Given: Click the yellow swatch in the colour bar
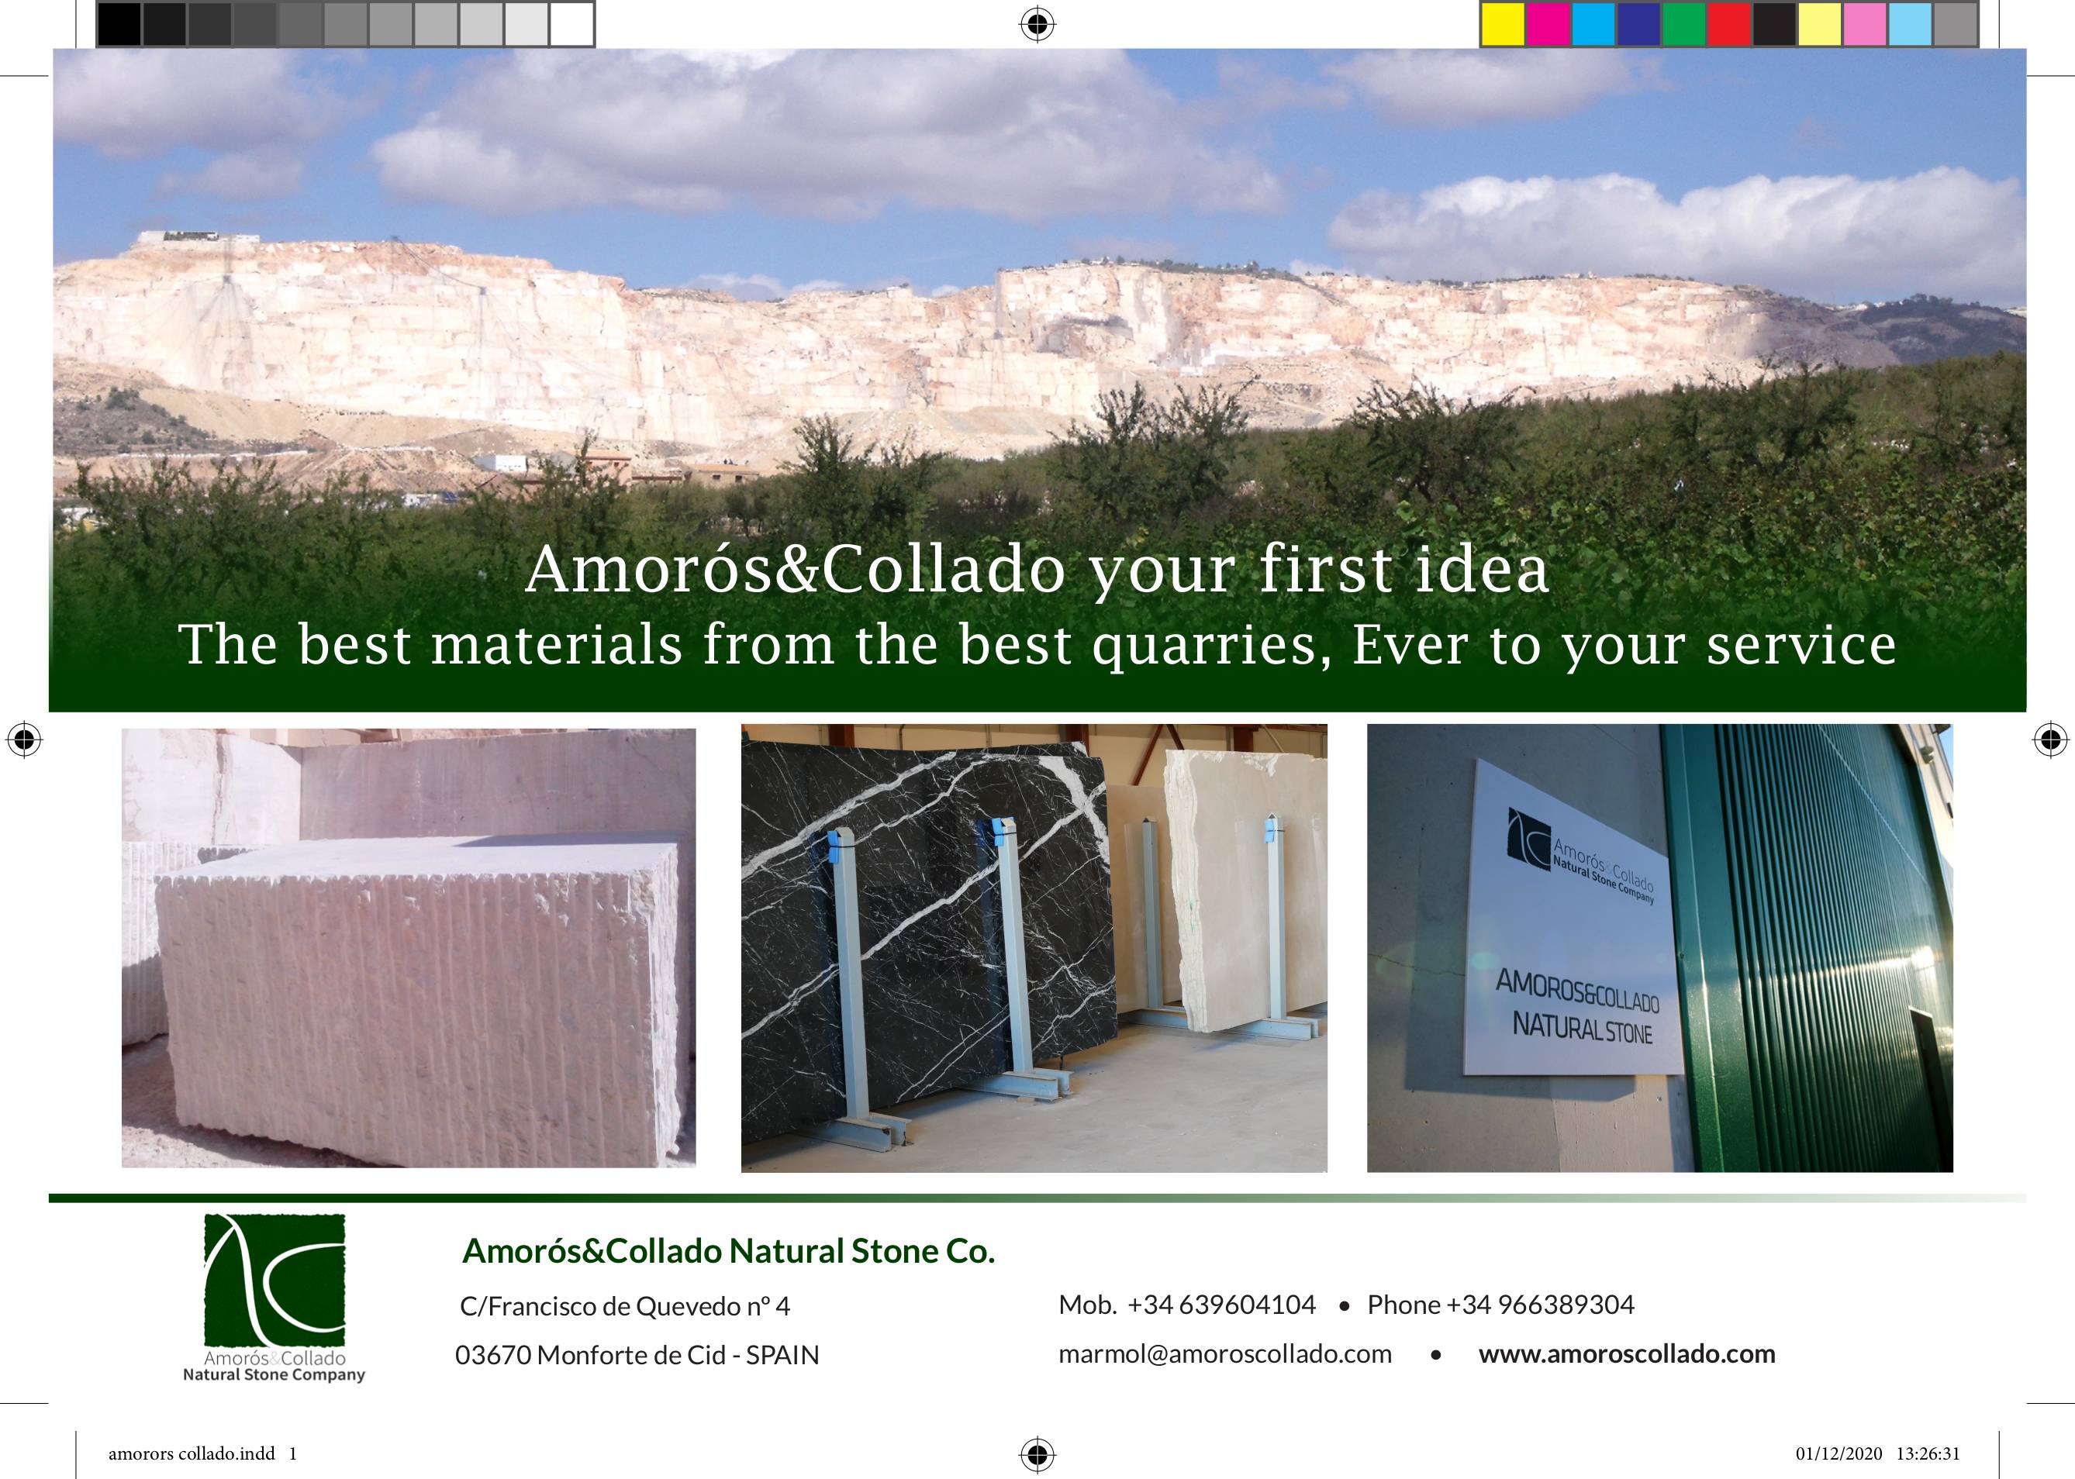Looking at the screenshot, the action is [x=1503, y=24].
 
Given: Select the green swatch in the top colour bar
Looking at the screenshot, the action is [x=1684, y=24].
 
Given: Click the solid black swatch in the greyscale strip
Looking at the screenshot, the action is [x=119, y=24].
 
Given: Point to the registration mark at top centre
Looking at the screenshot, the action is [x=1037, y=24].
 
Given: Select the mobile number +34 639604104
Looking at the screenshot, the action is [x=1221, y=1305].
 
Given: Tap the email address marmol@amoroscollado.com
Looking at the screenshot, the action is [x=1225, y=1354].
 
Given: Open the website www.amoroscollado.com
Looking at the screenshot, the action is [x=1627, y=1354].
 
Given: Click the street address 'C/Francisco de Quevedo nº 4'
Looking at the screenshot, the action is [x=625, y=1307].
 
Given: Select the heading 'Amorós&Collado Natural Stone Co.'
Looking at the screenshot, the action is [x=729, y=1251].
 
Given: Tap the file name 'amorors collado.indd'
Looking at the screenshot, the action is [x=192, y=1453].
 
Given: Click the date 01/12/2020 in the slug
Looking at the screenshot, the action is [x=1839, y=1453].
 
